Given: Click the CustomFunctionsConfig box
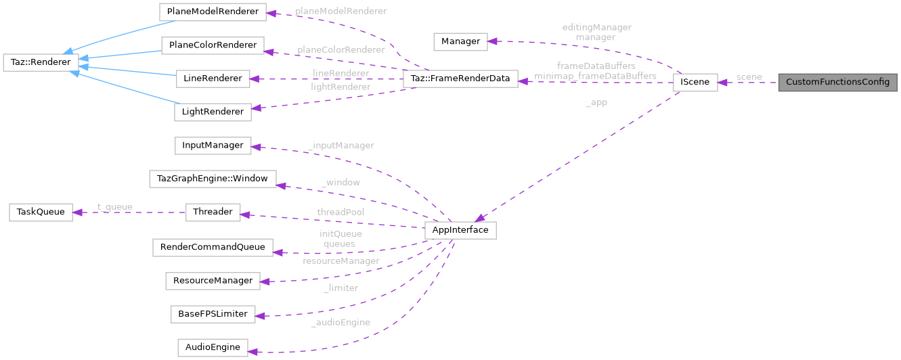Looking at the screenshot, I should click(837, 82).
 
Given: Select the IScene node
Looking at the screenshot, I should click(695, 82).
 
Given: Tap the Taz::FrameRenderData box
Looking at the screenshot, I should click(460, 78).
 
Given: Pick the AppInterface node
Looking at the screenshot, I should click(460, 230).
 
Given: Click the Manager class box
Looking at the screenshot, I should click(460, 41).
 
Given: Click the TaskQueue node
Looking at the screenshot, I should click(40, 212).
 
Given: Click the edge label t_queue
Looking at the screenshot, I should click(114, 207).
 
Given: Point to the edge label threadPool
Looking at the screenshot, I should click(340, 212).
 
